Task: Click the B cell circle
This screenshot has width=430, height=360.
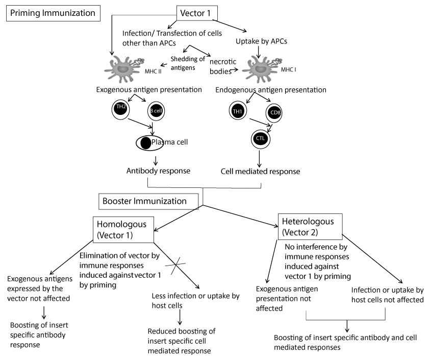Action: coord(153,111)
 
